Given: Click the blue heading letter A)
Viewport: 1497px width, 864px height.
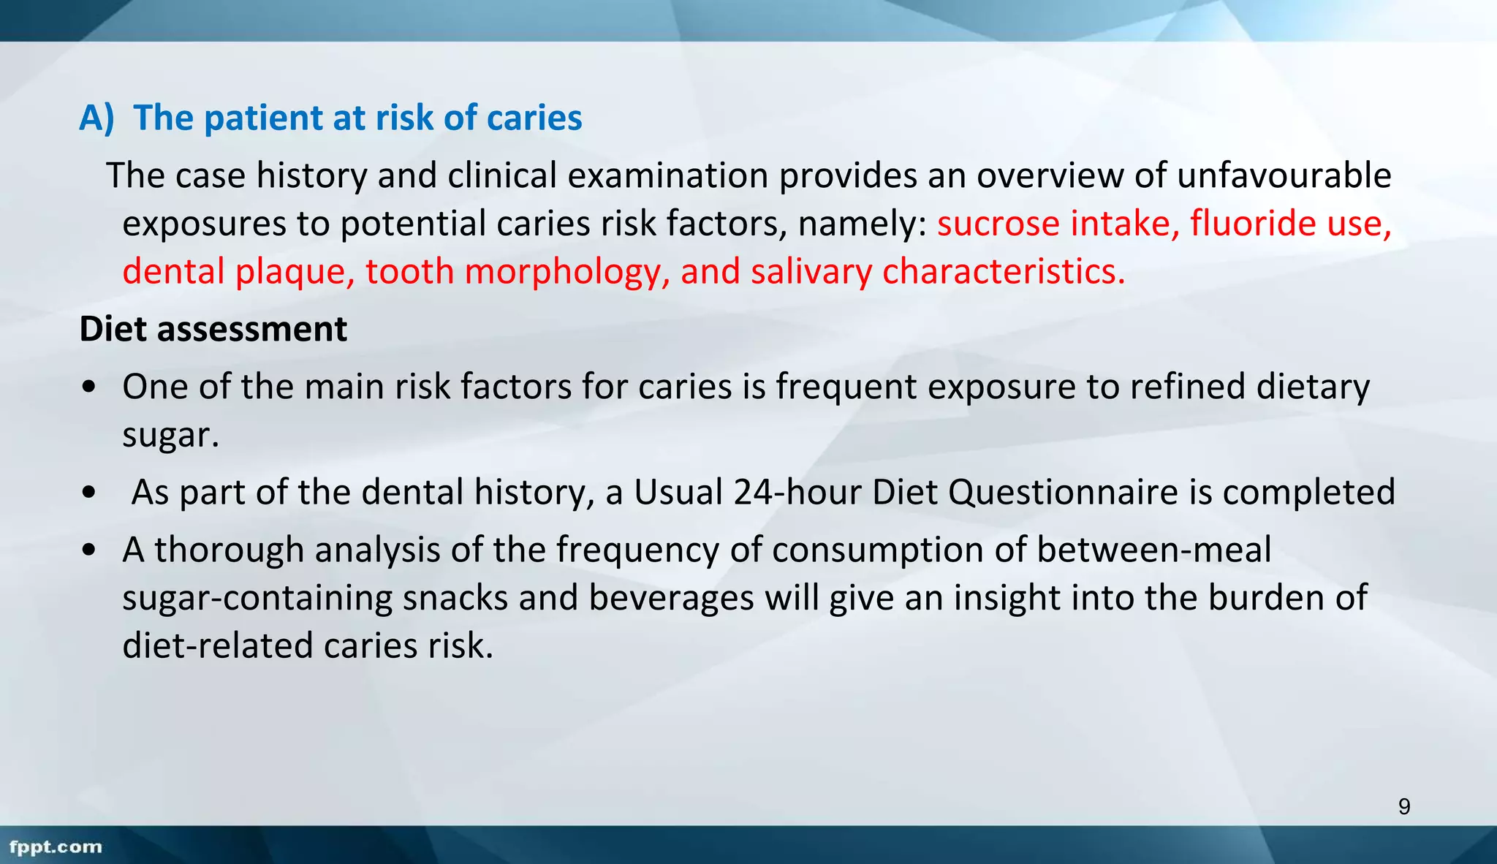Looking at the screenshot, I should (x=96, y=118).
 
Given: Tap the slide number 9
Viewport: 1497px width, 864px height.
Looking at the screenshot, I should (x=1404, y=807).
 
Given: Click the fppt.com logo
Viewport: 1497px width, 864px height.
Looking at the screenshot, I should (x=56, y=846).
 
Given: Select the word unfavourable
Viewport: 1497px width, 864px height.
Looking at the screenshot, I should (x=1284, y=175).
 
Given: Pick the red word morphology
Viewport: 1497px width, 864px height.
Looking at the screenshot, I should (x=566, y=271).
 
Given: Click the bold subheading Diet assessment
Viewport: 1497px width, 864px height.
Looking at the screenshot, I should (x=213, y=329).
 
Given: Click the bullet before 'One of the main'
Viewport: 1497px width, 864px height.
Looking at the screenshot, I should (x=88, y=387).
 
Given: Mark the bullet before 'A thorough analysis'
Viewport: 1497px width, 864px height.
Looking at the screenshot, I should (x=88, y=550).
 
